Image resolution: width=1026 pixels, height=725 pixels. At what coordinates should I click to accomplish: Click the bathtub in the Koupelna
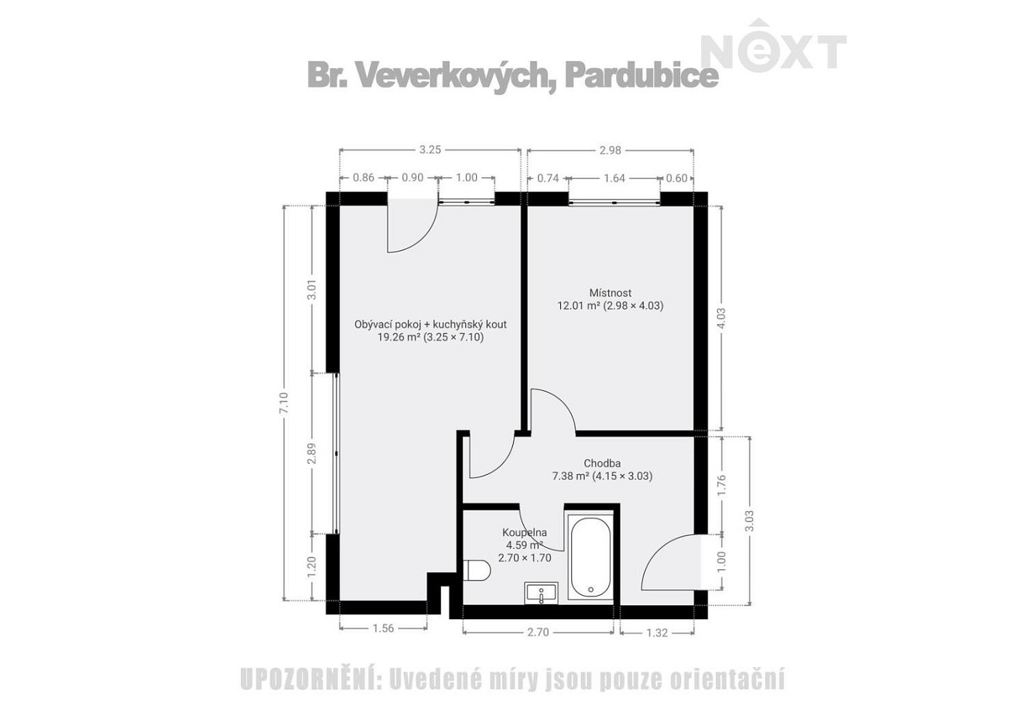click(591, 557)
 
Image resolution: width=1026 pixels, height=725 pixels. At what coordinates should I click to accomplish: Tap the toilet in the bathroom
click(477, 571)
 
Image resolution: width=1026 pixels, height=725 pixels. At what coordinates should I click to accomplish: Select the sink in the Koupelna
click(541, 594)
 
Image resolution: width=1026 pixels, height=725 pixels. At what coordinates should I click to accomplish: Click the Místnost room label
click(610, 292)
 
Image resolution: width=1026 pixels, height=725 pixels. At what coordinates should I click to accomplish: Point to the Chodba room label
click(602, 463)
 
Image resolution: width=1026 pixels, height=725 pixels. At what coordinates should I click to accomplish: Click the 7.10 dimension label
click(284, 403)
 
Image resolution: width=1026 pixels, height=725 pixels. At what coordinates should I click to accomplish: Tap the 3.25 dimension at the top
click(430, 149)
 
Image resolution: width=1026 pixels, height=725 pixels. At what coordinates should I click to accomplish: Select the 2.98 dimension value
click(610, 150)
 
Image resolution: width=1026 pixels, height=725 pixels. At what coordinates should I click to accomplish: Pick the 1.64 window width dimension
click(615, 178)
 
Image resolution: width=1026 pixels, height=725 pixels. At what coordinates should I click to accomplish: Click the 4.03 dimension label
click(721, 318)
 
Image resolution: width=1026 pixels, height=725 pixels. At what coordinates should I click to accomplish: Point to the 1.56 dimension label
click(383, 629)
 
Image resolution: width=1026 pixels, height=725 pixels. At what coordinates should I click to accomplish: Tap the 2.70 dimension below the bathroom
click(538, 632)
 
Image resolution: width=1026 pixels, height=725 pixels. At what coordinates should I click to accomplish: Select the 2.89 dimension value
click(312, 453)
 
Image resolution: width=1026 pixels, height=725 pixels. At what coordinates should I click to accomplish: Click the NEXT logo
click(774, 46)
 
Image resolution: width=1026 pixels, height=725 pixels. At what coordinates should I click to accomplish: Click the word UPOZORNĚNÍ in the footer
click(311, 680)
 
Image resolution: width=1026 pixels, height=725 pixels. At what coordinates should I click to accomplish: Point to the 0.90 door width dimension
click(412, 178)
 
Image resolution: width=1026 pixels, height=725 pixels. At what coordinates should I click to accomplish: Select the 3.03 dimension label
click(750, 521)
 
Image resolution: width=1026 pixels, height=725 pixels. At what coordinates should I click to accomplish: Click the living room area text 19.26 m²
click(398, 337)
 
